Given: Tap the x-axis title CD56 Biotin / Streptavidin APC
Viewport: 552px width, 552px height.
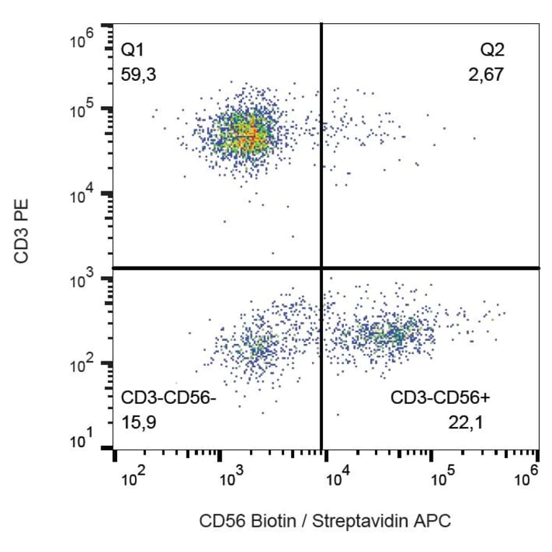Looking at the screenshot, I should click(324, 521).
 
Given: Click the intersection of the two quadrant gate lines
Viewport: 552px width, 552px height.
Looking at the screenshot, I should click(321, 268).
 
